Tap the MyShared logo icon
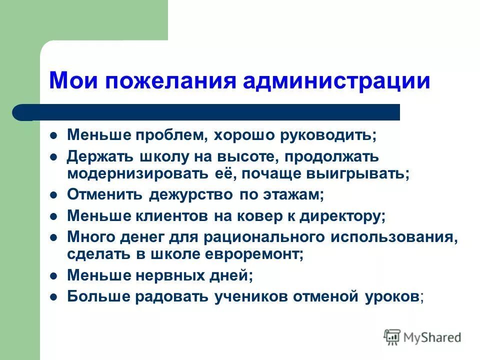[x=392, y=336]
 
